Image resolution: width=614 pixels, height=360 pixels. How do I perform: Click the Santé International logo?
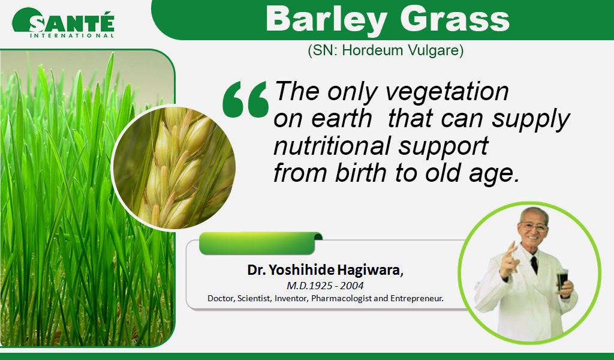point(63,23)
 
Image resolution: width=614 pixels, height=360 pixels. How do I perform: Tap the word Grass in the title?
point(455,19)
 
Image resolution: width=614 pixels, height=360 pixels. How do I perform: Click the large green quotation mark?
point(245,99)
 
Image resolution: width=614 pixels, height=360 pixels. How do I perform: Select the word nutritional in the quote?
point(332,145)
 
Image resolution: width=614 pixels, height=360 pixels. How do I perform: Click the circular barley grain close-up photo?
point(173,167)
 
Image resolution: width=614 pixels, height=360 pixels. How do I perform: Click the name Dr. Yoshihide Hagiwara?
point(324,270)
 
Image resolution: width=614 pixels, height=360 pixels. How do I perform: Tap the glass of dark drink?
point(562,280)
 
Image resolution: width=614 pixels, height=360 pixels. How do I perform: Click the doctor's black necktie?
point(534,265)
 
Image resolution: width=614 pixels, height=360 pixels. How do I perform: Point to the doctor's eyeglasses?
point(534,226)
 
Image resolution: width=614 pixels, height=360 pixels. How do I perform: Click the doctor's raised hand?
point(510,260)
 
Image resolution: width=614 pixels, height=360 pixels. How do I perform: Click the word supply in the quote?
point(531,119)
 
